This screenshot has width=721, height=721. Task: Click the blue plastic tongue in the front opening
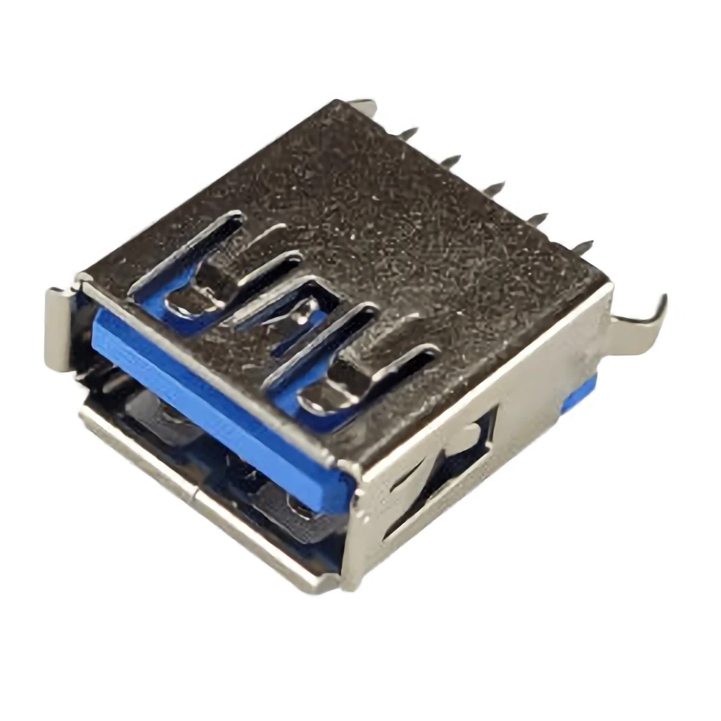click(x=220, y=406)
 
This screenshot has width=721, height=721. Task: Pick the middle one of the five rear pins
click(x=493, y=188)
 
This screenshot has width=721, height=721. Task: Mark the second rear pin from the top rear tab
click(x=450, y=160)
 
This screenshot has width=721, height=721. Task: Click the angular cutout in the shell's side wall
click(x=440, y=475)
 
